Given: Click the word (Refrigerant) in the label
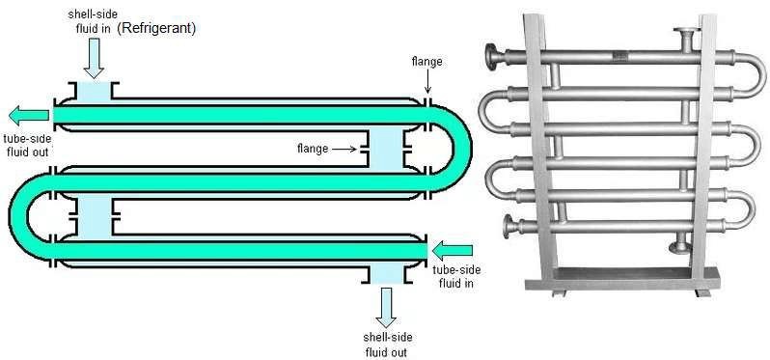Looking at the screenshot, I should pos(157,30).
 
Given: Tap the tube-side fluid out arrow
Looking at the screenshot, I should pos(30,116).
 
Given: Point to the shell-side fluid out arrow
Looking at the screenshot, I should pos(386,308).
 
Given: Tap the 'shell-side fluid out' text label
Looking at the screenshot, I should pos(386,344).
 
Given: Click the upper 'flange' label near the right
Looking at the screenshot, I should pos(426,62).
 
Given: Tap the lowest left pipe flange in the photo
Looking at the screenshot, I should pos(509,227).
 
